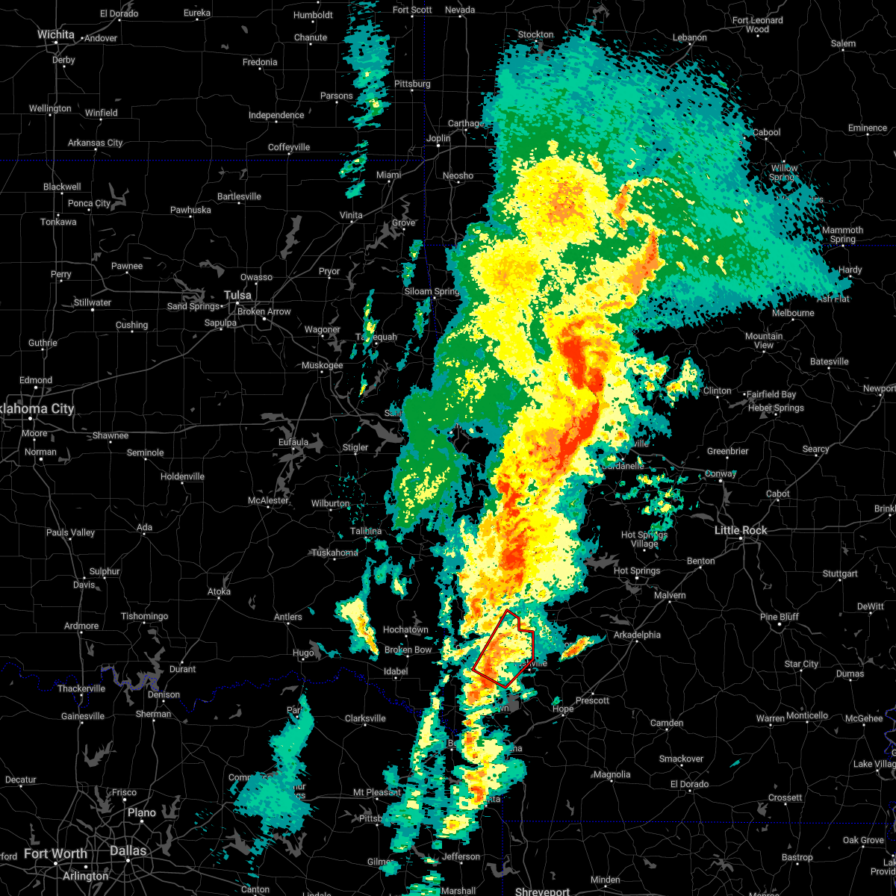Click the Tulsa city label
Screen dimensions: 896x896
click(x=237, y=295)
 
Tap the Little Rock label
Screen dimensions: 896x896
click(x=741, y=530)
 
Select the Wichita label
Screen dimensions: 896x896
click(x=56, y=34)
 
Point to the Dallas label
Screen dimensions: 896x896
click(x=128, y=850)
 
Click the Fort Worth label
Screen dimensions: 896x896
click(x=55, y=853)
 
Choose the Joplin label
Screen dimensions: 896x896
click(x=438, y=138)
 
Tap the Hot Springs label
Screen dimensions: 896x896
click(x=636, y=571)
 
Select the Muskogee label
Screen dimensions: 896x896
click(x=322, y=365)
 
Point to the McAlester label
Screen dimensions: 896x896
click(x=268, y=500)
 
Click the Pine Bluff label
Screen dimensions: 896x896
click(x=780, y=617)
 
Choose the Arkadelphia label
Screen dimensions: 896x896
click(x=637, y=635)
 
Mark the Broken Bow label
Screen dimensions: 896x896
click(x=408, y=650)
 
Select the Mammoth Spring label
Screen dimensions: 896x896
click(x=842, y=234)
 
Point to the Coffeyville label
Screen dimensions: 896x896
click(x=289, y=147)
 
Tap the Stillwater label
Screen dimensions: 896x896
click(x=93, y=302)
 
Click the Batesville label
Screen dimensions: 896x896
click(x=829, y=361)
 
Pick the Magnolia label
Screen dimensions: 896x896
click(x=612, y=774)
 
